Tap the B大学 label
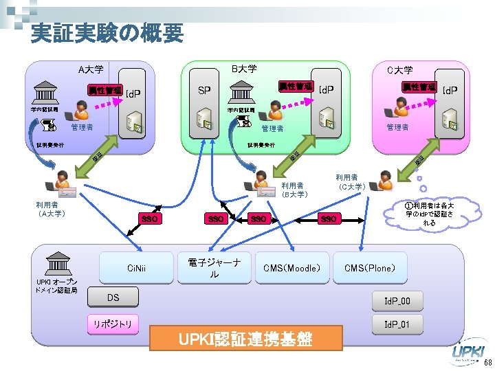[x=243, y=69]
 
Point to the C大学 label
[x=399, y=69]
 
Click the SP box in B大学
[x=204, y=91]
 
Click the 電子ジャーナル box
[x=214, y=268]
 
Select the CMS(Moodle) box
[x=291, y=268]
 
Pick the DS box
[x=113, y=297]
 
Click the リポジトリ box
[x=113, y=322]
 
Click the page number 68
[x=487, y=363]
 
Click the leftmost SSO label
[x=148, y=218]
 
